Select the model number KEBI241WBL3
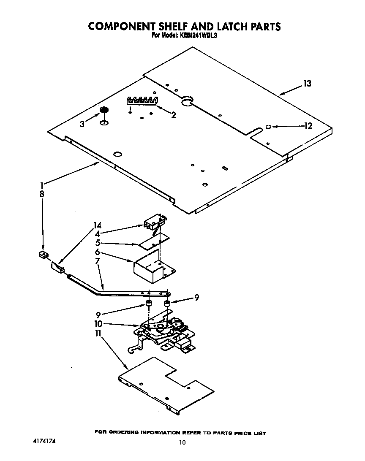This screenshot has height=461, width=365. [x=198, y=36]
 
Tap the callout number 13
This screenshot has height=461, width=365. [x=307, y=84]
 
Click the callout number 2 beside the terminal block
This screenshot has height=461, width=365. [x=173, y=115]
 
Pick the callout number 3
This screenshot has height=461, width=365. [x=83, y=124]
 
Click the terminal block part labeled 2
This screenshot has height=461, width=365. [x=142, y=100]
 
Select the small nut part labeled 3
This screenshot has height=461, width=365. [x=103, y=111]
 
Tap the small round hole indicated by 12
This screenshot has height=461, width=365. [x=269, y=126]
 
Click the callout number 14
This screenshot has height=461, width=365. [x=98, y=225]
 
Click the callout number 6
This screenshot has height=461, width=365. [x=97, y=252]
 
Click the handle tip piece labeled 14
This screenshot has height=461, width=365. [x=58, y=268]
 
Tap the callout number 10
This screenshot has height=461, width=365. [x=98, y=324]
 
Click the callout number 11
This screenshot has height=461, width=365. [x=98, y=334]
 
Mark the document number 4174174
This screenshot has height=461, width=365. [x=44, y=441]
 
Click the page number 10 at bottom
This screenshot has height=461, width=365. [x=182, y=442]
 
